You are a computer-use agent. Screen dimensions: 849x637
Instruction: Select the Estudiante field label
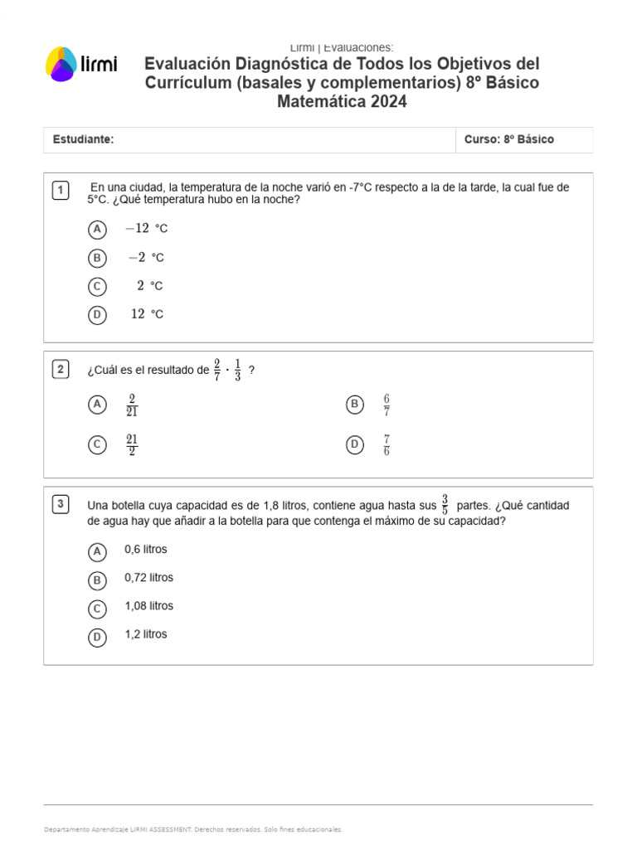(83, 139)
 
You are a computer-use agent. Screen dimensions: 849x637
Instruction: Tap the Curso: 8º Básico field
(508, 139)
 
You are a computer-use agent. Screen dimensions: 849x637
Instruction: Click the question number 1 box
(61, 191)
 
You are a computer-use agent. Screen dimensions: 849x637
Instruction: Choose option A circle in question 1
(97, 229)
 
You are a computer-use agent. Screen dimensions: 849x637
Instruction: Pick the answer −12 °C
(146, 229)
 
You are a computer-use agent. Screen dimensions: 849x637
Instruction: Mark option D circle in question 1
(97, 314)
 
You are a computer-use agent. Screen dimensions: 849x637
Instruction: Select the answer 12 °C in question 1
(147, 314)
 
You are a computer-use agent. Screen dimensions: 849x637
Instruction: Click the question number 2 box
(61, 370)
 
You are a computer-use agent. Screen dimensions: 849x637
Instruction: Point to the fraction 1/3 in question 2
(237, 370)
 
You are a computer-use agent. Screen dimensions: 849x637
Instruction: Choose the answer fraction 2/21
(132, 405)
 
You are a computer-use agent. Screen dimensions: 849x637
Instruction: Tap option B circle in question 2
(354, 405)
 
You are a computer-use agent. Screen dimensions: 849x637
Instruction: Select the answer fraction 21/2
(132, 445)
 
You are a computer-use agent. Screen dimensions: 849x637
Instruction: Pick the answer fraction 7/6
(387, 445)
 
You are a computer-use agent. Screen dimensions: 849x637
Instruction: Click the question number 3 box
(61, 504)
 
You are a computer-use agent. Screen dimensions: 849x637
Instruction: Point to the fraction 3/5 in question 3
(445, 504)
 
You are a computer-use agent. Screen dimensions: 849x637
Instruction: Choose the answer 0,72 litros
(148, 578)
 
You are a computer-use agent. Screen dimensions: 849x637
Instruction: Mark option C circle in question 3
(97, 609)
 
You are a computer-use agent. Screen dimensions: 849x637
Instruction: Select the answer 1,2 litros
(145, 634)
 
